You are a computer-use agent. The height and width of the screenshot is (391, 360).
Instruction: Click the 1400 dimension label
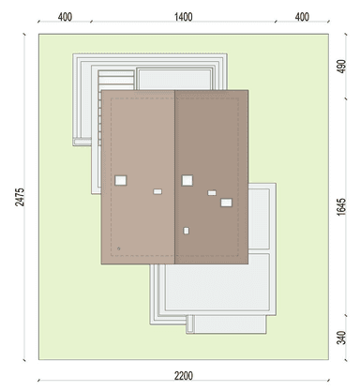[183, 17]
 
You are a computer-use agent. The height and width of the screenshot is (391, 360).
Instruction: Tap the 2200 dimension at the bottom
[184, 376]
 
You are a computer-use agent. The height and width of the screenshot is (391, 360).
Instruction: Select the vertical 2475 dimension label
[20, 197]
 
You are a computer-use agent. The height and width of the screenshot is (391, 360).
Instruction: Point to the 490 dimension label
[341, 67]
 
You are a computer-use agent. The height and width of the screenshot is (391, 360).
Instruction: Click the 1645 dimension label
[341, 206]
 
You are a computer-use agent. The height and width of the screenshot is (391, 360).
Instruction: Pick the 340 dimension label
[341, 338]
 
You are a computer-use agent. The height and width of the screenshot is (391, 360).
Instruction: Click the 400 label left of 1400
[65, 17]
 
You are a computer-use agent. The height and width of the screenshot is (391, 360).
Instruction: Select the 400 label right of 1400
[302, 17]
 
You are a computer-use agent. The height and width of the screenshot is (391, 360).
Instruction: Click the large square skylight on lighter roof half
[121, 180]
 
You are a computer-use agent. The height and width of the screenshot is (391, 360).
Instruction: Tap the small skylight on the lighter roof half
[157, 191]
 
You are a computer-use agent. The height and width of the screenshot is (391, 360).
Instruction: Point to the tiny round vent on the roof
[119, 248]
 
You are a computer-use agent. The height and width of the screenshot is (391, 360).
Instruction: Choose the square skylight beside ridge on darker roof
[187, 180]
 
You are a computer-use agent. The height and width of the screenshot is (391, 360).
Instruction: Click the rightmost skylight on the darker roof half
[226, 203]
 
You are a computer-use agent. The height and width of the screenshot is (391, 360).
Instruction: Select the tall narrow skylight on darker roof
[186, 231]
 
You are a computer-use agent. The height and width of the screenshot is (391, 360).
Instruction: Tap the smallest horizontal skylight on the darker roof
[212, 193]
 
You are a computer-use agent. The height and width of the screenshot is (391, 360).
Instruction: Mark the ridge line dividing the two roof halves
[174, 177]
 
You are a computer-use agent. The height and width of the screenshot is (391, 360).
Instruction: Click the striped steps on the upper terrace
[116, 80]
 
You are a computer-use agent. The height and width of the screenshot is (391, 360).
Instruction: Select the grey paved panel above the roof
[174, 80]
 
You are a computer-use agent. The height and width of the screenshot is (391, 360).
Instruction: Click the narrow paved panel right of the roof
[259, 218]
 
